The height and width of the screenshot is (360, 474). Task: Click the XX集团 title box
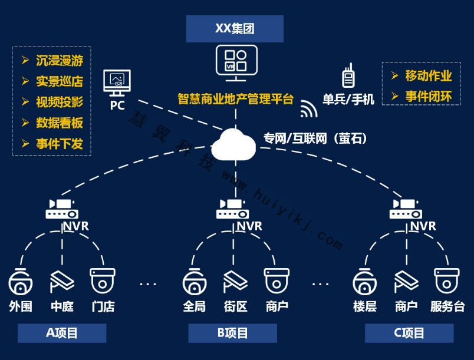[x=235, y=28]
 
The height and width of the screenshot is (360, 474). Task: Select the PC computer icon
[x=117, y=83]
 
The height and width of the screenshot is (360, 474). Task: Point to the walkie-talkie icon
[x=348, y=77]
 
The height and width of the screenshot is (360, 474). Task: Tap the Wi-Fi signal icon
[x=308, y=109]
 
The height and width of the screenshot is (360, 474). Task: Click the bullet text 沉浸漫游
[x=59, y=61]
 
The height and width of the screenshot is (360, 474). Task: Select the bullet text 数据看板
[x=59, y=123]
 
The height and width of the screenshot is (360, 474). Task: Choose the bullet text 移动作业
[x=428, y=76]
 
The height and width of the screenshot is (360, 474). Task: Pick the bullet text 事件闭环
[x=428, y=97]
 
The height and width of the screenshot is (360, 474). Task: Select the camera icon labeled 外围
[x=21, y=282]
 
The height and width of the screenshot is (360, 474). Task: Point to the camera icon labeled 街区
[x=235, y=282]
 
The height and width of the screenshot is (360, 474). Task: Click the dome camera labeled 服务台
[x=447, y=281]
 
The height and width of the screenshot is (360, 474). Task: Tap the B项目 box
[x=232, y=333]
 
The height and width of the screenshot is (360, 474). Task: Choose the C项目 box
[x=409, y=333]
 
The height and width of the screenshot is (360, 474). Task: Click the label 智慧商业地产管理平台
[x=235, y=99]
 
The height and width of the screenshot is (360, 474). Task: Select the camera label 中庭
[x=62, y=306]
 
